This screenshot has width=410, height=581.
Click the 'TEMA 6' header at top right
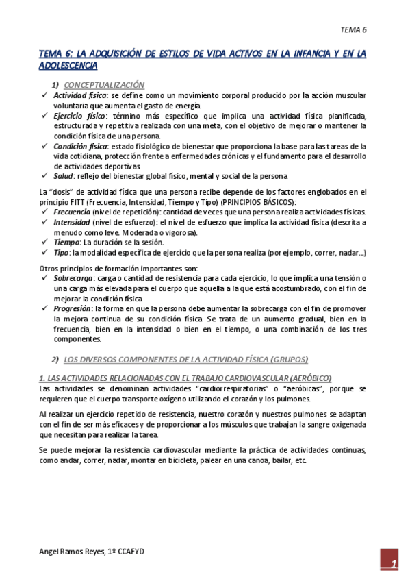click(x=354, y=30)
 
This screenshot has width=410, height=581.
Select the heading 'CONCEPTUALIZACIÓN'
click(x=104, y=84)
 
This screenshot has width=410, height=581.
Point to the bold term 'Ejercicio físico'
click(x=79, y=116)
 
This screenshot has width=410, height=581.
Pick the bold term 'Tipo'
click(x=62, y=253)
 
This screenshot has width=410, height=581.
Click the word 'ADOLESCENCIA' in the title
click(x=68, y=66)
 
